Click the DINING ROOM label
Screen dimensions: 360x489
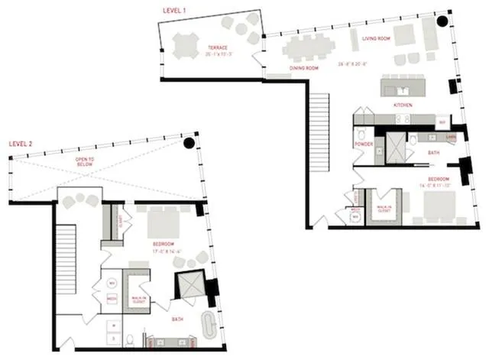pos(303,68)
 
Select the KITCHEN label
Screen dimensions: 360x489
pos(403,103)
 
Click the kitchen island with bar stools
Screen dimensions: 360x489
pos(406,86)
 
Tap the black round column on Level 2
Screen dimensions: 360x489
pos(189,143)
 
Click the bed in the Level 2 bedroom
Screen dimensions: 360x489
pos(163,222)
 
